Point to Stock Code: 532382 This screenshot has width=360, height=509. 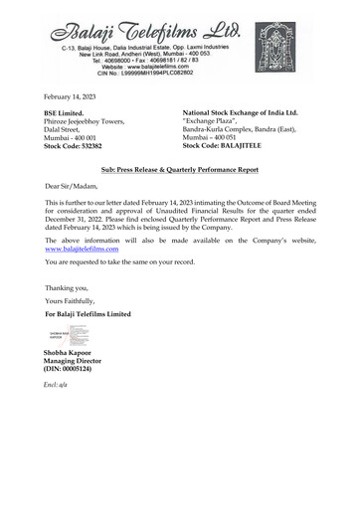click(75, 146)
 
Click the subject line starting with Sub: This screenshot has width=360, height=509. click(179, 172)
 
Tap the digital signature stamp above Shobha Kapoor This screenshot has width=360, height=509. click(63, 336)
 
